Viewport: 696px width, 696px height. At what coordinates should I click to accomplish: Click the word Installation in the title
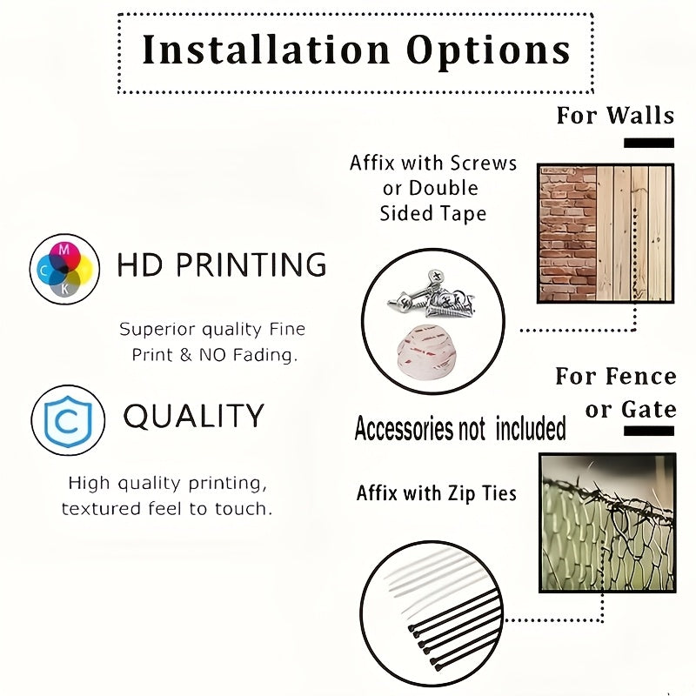[x=266, y=50]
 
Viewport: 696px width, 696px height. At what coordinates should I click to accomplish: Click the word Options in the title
[x=488, y=52]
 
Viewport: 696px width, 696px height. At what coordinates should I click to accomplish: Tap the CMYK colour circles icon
[x=64, y=269]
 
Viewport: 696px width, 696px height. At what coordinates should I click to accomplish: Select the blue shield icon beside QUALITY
[x=68, y=420]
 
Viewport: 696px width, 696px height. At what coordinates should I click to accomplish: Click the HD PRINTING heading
[x=222, y=264]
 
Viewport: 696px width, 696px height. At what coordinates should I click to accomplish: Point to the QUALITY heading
[x=193, y=417]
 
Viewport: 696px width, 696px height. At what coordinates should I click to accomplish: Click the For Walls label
[x=615, y=116]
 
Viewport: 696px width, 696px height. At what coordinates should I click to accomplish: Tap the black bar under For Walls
[x=649, y=143]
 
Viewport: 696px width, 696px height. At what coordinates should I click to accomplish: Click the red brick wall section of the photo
[x=568, y=234]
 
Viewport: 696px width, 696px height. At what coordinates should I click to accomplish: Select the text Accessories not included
[x=460, y=428]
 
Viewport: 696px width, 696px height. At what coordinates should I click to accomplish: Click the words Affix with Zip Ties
[x=437, y=493]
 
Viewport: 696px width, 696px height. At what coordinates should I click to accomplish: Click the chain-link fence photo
[x=607, y=523]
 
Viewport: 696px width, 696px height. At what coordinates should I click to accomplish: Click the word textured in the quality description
[x=101, y=509]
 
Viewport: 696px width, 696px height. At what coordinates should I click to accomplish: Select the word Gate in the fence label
[x=648, y=409]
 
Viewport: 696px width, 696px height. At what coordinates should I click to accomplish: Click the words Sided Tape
[x=432, y=213]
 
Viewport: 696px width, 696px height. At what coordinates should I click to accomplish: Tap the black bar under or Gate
[x=649, y=431]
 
